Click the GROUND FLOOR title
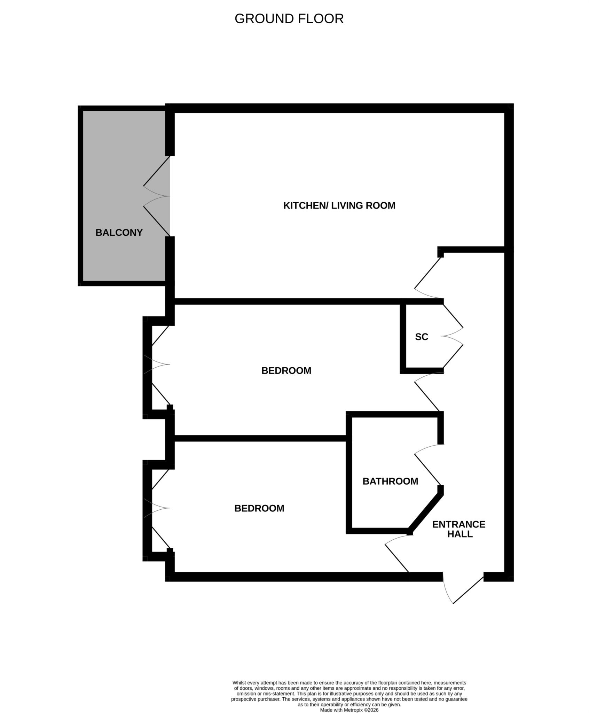(x=289, y=19)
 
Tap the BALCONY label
(x=119, y=233)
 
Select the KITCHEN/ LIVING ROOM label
(x=339, y=205)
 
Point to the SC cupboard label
(x=422, y=337)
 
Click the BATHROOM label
(x=390, y=481)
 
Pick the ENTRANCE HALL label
(x=459, y=529)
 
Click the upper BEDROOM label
(x=286, y=370)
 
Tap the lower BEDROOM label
(x=259, y=508)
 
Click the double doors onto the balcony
(x=157, y=196)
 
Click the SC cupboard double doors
(x=453, y=336)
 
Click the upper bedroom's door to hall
(x=427, y=392)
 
